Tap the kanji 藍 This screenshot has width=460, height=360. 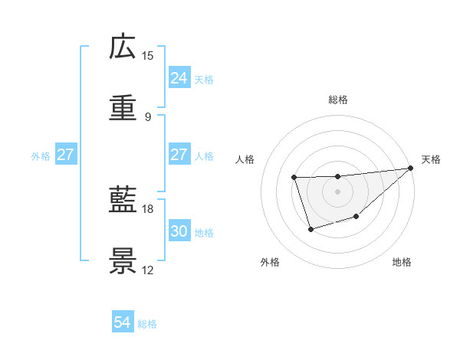tap(123, 201)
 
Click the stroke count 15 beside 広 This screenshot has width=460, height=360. tap(148, 56)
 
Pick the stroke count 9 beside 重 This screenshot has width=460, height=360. tap(148, 117)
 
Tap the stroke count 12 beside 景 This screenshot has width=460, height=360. tap(148, 270)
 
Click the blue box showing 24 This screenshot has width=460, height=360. tap(179, 78)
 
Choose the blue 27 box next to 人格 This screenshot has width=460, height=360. tap(179, 155)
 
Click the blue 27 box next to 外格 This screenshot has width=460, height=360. tap(65, 155)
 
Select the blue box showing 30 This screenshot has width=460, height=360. tap(179, 231)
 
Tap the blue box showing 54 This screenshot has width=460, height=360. tap(123, 322)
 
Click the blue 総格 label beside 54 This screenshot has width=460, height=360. tap(147, 324)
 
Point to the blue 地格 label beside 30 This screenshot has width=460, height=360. tap(204, 233)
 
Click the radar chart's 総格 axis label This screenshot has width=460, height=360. tap(338, 100)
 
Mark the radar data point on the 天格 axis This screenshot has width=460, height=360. tap(411, 169)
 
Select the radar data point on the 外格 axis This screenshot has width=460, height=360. tap(310, 229)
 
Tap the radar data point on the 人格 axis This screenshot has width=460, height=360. tap(294, 178)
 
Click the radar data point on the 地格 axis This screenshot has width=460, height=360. tap(356, 218)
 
